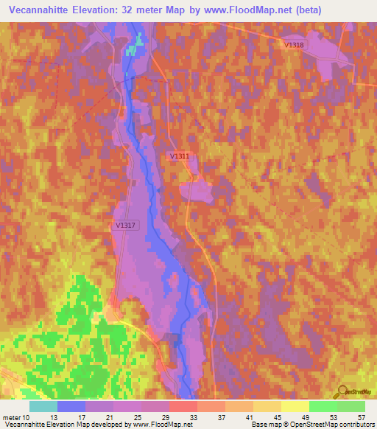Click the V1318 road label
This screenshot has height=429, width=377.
[x=294, y=45]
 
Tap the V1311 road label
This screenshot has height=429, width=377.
[x=180, y=156]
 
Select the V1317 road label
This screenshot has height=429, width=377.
[x=125, y=226]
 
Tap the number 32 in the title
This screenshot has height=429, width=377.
[x=162, y=10]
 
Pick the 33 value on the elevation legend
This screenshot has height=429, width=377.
[x=194, y=416]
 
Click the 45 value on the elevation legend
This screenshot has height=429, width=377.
[x=276, y=416]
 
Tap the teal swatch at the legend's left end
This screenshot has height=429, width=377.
[x=43, y=405]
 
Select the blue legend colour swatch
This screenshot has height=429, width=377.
[x=71, y=405]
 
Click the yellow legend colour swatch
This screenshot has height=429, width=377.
[x=295, y=405]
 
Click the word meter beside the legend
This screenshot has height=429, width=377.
[x=10, y=416]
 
